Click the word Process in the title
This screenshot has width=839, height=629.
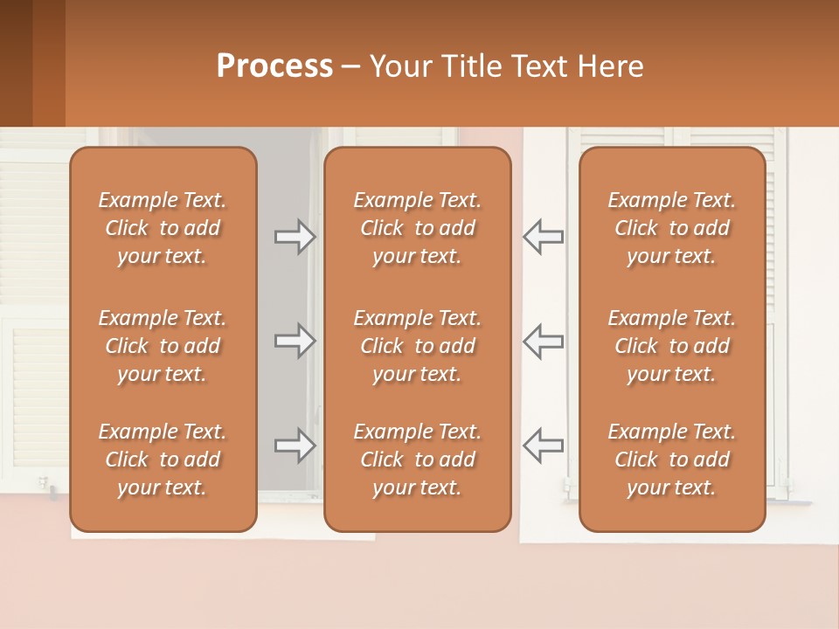274,66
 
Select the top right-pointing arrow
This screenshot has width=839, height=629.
295,237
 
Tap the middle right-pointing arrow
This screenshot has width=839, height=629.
295,341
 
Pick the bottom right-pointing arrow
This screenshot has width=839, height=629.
295,446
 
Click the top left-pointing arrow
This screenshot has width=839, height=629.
543,237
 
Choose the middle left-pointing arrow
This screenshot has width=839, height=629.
543,341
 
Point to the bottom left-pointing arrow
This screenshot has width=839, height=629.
543,446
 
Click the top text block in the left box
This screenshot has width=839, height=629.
163,228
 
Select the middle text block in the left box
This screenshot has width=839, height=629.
163,346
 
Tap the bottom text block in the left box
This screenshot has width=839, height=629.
163,460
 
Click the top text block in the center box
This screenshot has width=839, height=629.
417,228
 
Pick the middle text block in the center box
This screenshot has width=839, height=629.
417,346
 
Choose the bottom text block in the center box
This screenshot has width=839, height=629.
417,460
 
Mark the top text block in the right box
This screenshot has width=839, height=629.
671,228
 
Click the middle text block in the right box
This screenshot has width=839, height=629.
671,346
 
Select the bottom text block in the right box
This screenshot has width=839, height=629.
671,460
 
